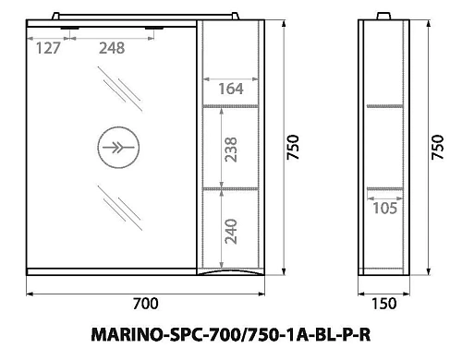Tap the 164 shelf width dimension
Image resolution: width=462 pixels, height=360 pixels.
click(x=231, y=89)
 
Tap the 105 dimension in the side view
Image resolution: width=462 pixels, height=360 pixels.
click(x=383, y=210)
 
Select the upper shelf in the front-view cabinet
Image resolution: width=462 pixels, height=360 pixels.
click(x=234, y=107)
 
